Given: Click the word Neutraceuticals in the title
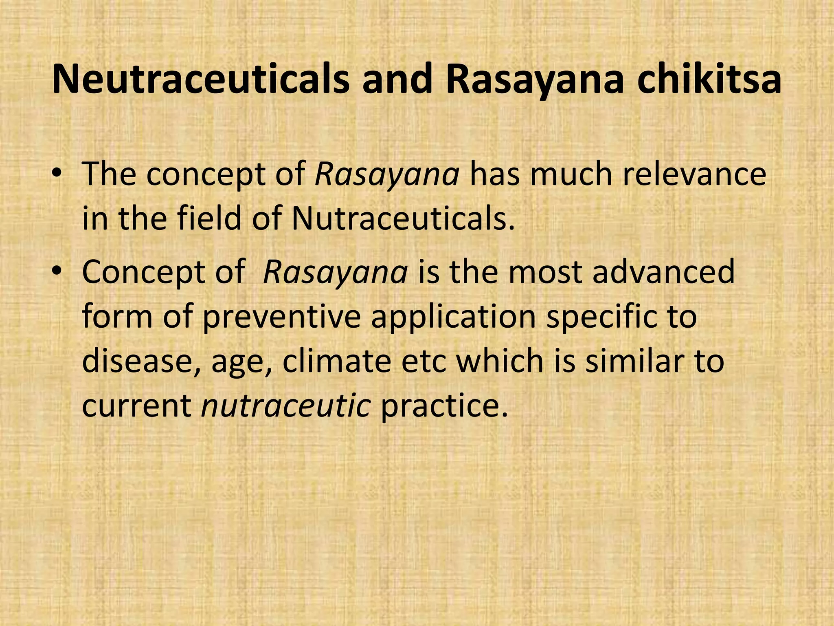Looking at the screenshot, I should (200, 80).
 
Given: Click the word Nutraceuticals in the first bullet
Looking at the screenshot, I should (403, 218).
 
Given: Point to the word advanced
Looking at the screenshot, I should (663, 272).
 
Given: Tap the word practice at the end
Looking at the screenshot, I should (444, 406).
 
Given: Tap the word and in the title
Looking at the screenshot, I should (397, 80).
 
